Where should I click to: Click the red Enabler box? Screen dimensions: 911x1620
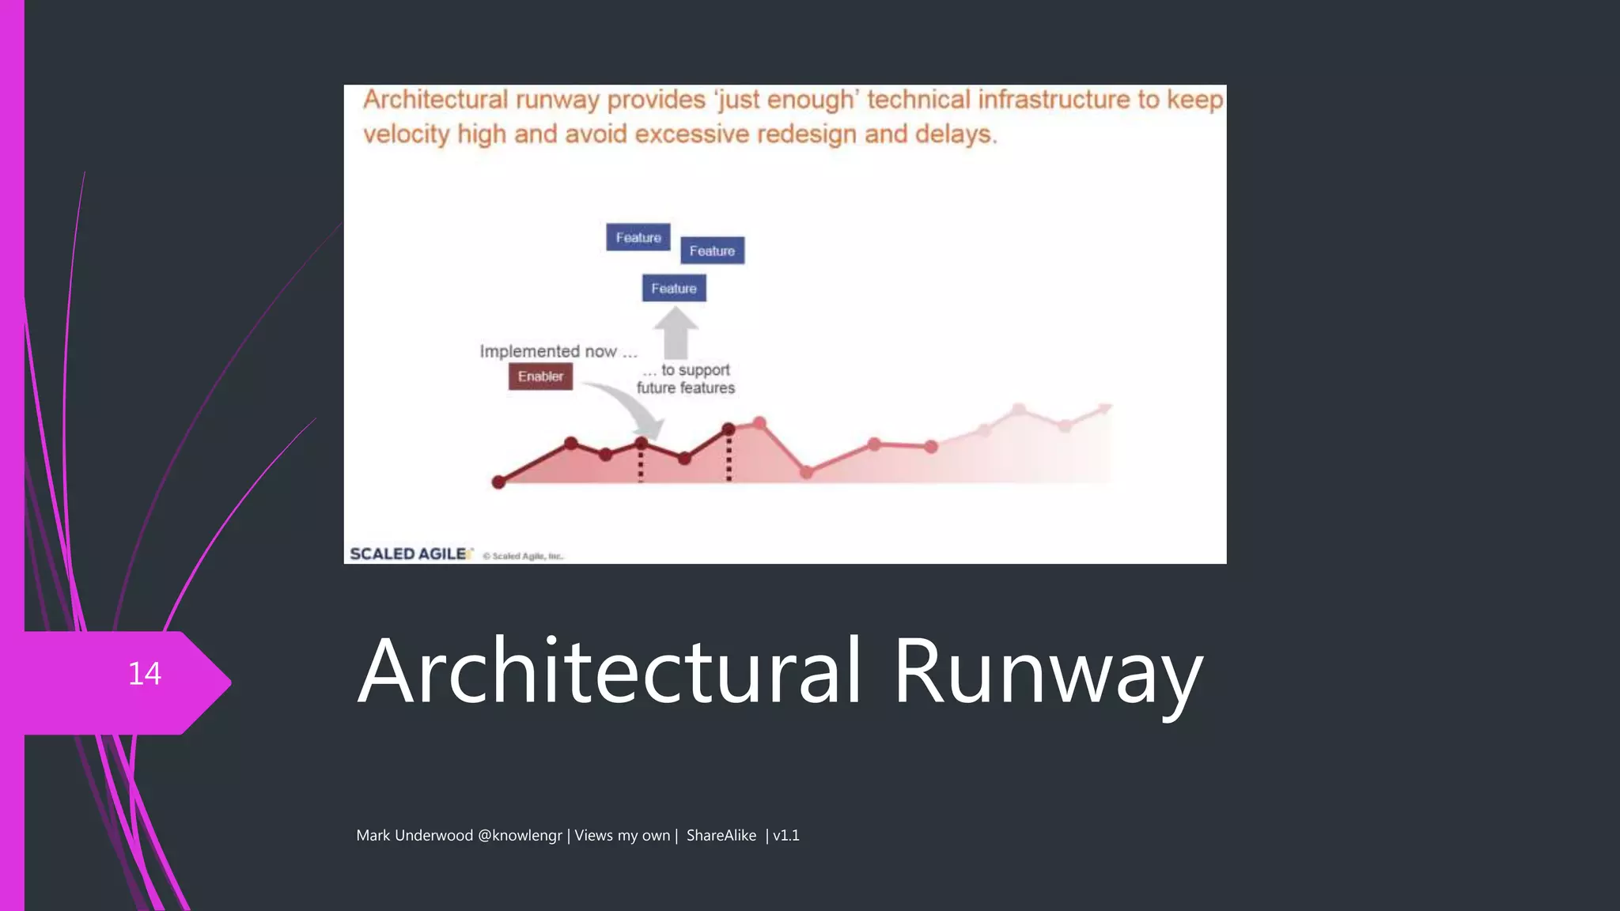(540, 376)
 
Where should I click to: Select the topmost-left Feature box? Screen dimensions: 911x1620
(638, 237)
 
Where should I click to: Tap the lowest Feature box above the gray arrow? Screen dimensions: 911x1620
(674, 289)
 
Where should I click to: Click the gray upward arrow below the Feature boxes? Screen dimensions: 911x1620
(676, 332)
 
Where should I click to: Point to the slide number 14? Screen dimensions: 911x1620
(144, 674)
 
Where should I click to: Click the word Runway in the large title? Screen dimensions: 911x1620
(1048, 672)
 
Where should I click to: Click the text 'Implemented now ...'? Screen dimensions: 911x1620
(558, 351)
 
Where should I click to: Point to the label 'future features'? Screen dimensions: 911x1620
(686, 388)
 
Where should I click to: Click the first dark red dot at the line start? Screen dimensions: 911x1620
(498, 482)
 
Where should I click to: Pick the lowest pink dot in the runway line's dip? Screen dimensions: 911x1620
(806, 472)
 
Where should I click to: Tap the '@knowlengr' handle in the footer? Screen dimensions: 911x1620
(520, 835)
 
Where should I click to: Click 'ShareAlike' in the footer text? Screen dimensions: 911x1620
(721, 835)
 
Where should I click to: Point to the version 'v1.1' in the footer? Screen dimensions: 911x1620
(785, 835)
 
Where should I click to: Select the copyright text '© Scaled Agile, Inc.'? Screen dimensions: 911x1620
(523, 556)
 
